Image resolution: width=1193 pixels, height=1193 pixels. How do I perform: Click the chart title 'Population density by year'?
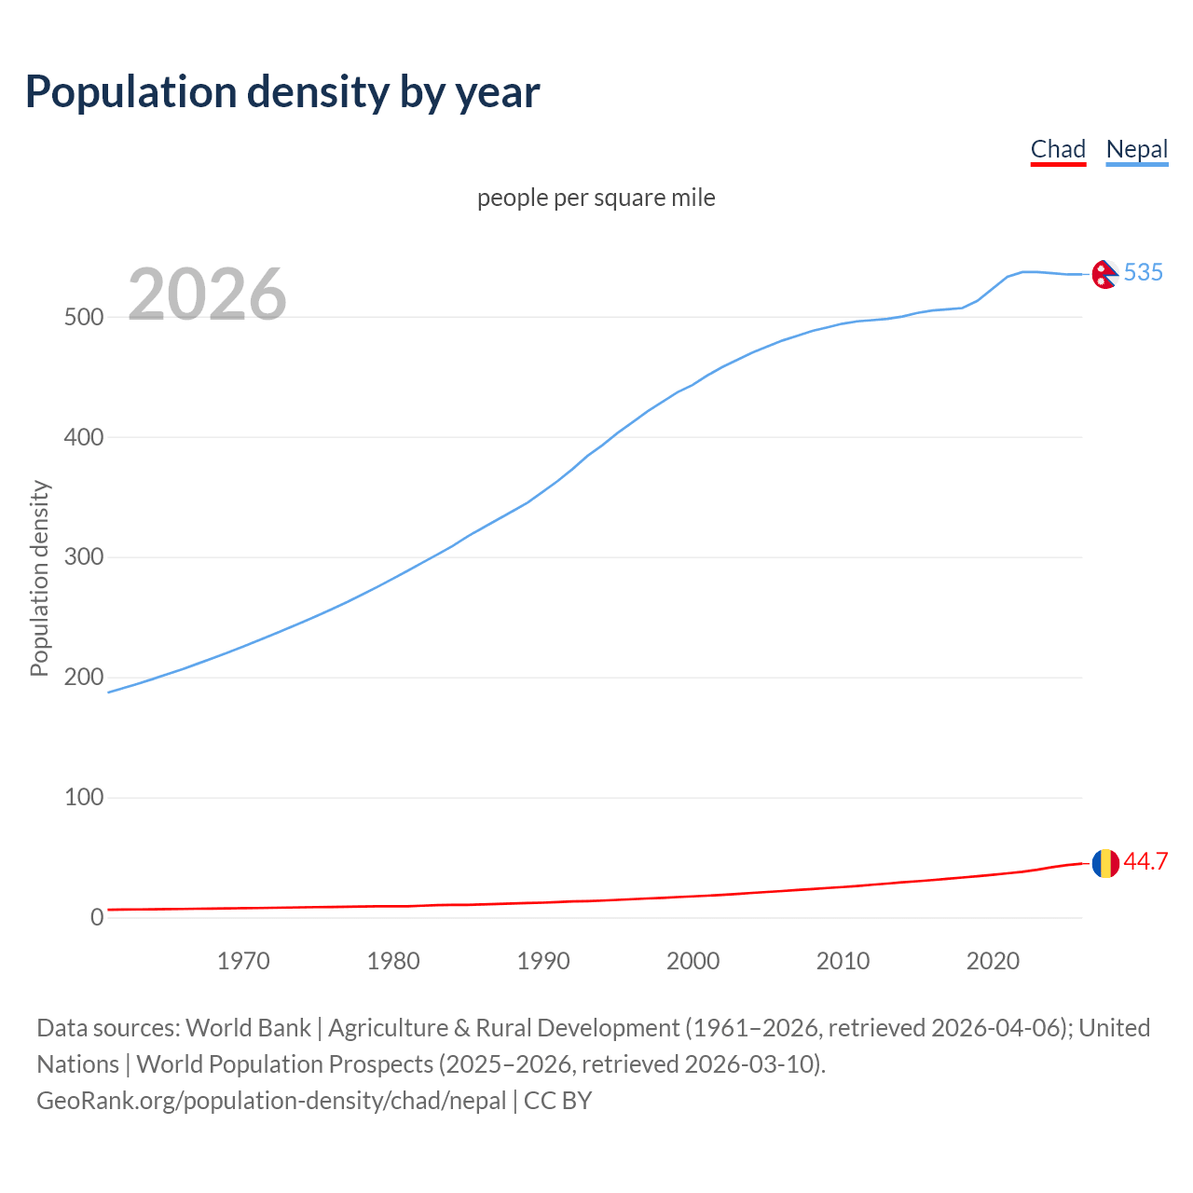click(282, 92)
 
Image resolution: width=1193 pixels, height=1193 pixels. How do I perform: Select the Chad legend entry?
click(1058, 150)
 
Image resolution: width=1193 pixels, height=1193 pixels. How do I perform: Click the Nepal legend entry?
click(1136, 150)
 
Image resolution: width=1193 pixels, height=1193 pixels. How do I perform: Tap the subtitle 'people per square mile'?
click(596, 198)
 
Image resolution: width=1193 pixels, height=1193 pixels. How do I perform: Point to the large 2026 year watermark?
click(207, 295)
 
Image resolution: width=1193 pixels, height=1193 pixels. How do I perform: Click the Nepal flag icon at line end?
click(1104, 274)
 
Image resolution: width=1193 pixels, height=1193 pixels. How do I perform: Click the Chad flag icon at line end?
click(1105, 863)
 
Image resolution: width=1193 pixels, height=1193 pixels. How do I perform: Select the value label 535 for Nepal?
click(1143, 272)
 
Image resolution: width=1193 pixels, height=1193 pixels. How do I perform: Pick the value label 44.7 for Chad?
click(1145, 862)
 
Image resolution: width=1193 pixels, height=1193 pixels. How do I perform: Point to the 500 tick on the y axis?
click(84, 317)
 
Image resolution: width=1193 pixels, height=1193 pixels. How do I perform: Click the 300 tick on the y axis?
click(84, 557)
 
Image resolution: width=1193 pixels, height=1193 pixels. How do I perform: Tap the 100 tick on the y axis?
click(84, 798)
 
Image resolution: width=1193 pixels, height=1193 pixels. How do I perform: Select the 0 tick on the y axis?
click(97, 917)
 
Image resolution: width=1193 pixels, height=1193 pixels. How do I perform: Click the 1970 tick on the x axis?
click(243, 961)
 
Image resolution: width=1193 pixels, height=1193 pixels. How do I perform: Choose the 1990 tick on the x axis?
click(543, 961)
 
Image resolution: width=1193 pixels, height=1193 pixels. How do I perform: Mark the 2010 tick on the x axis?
click(843, 961)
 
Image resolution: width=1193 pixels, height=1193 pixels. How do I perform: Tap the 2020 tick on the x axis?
click(993, 961)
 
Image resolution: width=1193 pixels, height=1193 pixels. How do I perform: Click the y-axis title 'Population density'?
click(39, 578)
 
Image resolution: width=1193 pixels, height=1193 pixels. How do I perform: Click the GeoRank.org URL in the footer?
click(271, 1101)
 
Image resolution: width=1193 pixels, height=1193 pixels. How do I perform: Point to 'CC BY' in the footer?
click(557, 1101)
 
